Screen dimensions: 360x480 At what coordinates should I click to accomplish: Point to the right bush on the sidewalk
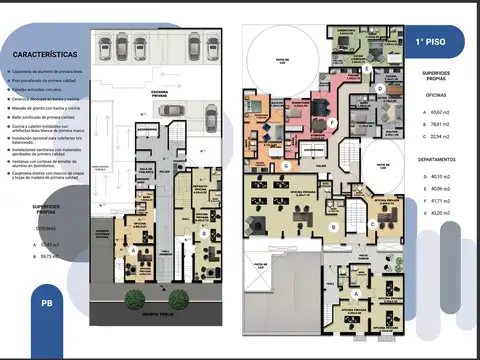tap(178, 297)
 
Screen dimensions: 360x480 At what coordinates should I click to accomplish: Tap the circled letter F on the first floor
tap(303, 122)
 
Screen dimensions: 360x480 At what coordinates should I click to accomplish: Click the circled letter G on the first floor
tap(286, 164)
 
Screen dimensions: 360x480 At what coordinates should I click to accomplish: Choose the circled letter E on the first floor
tap(367, 69)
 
